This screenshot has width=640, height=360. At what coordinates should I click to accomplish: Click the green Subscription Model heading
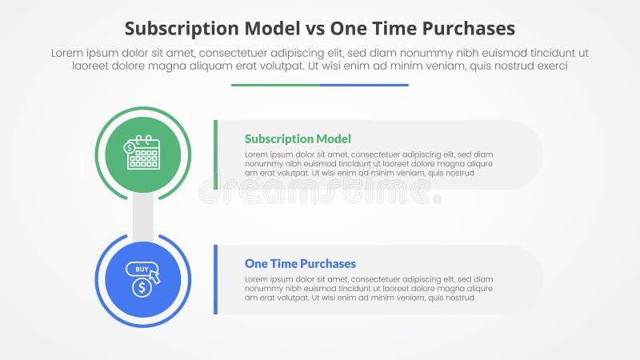point(298,138)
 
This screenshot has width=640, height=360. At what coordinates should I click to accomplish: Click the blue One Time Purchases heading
point(300,263)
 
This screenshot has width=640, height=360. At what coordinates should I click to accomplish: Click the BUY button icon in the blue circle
point(142,269)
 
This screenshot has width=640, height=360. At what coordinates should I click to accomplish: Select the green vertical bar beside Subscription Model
point(215,154)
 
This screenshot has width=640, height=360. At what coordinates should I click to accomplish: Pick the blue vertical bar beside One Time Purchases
point(215,279)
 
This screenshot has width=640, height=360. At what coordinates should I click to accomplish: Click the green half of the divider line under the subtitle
point(275,85)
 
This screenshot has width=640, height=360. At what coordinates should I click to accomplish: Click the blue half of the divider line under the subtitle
point(364,85)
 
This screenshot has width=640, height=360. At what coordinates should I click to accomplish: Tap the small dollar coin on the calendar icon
point(130,147)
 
